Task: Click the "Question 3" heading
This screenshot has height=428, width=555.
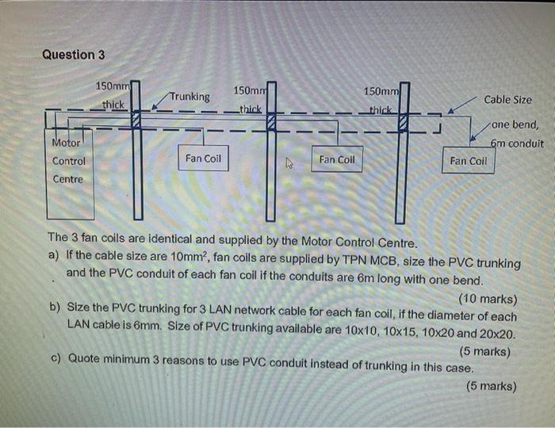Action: coord(73,55)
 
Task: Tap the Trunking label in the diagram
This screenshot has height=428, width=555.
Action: coord(189,97)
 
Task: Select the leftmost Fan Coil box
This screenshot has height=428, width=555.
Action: coord(204,159)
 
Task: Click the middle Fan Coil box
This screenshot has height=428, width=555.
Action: coord(337,159)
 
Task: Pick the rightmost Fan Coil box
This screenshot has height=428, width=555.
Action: coord(468,160)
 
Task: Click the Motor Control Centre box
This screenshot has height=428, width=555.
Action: coord(70,178)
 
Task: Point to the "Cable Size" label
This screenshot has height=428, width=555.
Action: coord(508,100)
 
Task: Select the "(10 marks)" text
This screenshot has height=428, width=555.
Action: coord(488,299)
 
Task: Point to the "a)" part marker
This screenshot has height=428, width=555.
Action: coord(54,255)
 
